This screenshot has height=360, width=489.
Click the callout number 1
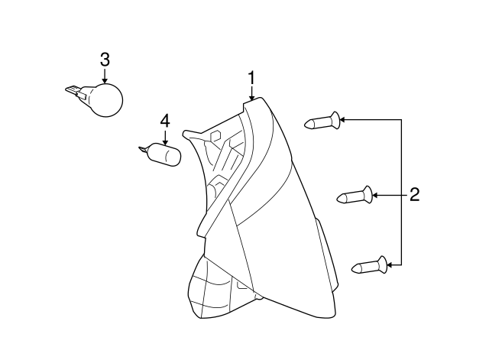[251, 78]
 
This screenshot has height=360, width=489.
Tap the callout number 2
[414, 195]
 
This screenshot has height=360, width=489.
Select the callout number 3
[105, 60]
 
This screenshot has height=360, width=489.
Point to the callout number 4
[165, 121]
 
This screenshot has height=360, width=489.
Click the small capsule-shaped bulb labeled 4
[165, 154]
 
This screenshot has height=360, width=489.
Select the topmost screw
[322, 121]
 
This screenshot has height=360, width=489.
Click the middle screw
[355, 196]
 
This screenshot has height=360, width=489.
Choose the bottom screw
[370, 266]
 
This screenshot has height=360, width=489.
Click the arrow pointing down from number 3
[105, 76]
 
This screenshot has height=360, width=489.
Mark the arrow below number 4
[165, 138]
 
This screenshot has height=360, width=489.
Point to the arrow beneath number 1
[251, 93]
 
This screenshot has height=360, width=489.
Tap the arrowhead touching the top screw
[342, 119]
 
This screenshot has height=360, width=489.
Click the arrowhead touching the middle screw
[375, 196]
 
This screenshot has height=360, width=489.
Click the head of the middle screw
[368, 195]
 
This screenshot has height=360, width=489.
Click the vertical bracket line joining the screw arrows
[401, 192]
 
